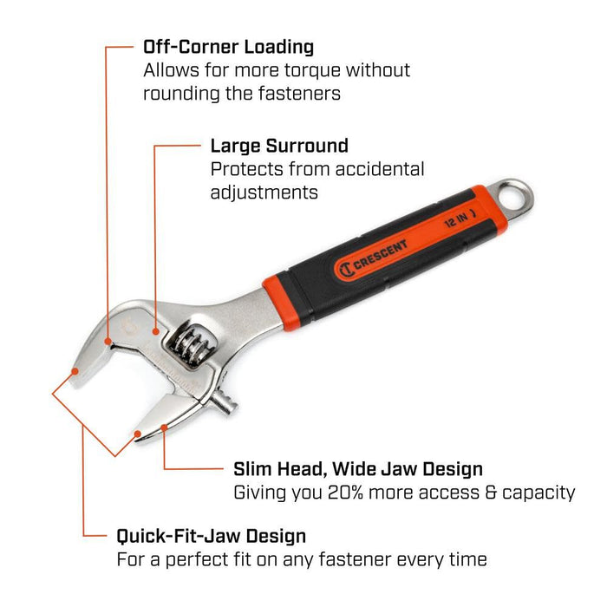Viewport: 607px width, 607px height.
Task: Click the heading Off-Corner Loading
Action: pyautogui.click(x=228, y=47)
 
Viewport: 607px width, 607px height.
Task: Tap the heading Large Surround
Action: pyautogui.click(x=279, y=146)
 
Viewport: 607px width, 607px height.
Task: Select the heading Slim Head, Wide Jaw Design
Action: pyautogui.click(x=358, y=469)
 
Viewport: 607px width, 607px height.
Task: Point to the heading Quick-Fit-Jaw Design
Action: pyautogui.click(x=212, y=537)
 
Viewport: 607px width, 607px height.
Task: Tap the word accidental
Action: pyautogui.click(x=380, y=170)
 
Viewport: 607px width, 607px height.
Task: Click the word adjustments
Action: pyautogui.click(x=264, y=193)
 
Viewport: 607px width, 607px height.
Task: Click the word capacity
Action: pyautogui.click(x=538, y=493)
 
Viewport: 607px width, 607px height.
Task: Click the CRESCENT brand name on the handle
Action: pyautogui.click(x=381, y=254)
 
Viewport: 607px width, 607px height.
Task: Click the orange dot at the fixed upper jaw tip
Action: pyautogui.click(x=75, y=371)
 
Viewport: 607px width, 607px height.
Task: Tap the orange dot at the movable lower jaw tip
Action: pyautogui.click(x=137, y=434)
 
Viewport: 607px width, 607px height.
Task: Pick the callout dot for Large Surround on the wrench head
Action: pyautogui.click(x=155, y=331)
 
